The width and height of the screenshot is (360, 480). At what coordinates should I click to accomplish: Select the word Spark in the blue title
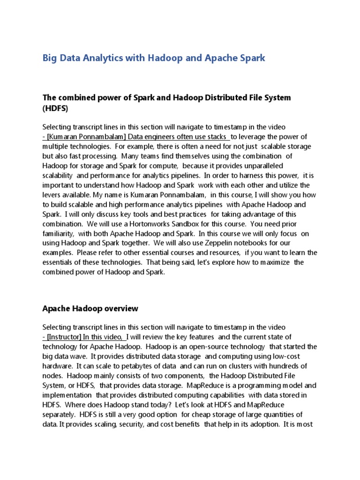252,58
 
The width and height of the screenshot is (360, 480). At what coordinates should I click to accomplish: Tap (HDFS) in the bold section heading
55,108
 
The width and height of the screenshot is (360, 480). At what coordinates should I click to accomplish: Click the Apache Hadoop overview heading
90,308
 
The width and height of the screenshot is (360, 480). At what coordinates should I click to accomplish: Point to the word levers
52,195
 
